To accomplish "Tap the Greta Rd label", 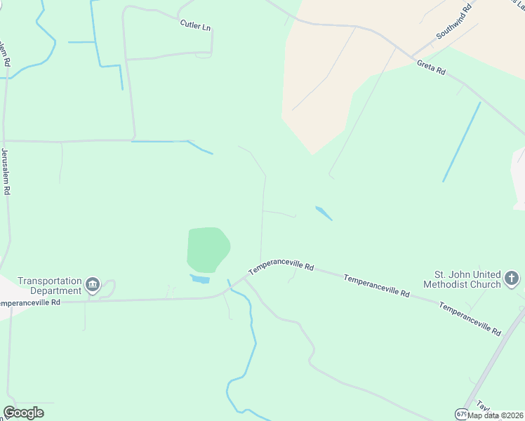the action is tap(431, 67).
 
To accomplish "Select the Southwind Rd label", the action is tap(453, 24).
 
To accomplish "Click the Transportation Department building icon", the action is tap(93, 285).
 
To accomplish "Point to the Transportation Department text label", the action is tap(49, 285).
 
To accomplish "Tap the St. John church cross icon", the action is tap(512, 279).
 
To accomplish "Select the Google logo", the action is tap(23, 413).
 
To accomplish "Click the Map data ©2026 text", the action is tap(496, 415).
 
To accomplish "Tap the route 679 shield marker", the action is tap(460, 414).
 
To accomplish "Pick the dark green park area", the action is tap(208, 249).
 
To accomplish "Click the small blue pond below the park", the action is tap(199, 279).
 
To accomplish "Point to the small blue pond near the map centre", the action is tap(323, 213).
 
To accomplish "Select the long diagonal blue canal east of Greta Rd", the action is tap(461, 142).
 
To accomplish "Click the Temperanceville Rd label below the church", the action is tap(470, 318).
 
